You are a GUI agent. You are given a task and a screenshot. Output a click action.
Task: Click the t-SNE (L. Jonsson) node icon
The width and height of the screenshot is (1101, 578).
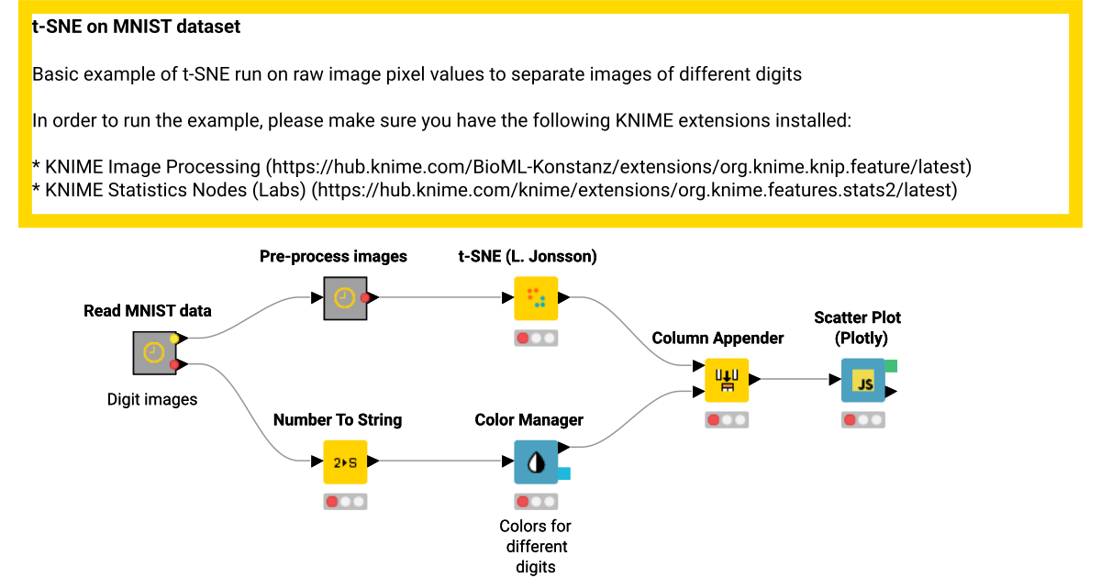pos(536,298)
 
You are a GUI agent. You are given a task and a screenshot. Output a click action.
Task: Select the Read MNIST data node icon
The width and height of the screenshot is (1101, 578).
pos(154,352)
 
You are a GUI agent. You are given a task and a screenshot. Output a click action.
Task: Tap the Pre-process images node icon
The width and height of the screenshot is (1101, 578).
pos(345,298)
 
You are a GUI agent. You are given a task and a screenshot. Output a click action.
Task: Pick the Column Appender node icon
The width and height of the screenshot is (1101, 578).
pos(727,380)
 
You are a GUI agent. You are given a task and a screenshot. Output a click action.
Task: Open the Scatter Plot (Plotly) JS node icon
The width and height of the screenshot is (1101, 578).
pos(863,380)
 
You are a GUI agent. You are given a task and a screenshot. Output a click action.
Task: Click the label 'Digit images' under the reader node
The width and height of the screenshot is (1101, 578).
pos(152,399)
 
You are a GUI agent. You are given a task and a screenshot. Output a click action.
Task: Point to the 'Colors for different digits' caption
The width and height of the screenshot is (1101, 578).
pos(536,546)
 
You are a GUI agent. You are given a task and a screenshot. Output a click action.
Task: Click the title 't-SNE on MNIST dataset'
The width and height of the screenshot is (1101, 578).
pos(136,27)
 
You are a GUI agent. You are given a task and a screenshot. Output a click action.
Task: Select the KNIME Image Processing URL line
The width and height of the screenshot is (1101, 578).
pos(501,167)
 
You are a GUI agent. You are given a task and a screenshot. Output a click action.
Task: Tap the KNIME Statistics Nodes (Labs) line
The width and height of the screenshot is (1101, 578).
pos(495,190)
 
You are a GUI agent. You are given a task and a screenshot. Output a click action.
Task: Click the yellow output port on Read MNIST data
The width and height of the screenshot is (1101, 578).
pos(174,339)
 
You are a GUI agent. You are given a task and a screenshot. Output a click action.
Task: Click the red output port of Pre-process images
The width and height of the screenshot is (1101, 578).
pos(365,297)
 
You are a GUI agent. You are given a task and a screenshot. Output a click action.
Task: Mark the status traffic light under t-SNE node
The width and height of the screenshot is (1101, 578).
pos(536,338)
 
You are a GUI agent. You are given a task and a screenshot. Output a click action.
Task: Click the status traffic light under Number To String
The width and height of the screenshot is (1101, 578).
pos(345,501)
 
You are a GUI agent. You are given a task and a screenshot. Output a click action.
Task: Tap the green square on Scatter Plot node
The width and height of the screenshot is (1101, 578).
pos(890,366)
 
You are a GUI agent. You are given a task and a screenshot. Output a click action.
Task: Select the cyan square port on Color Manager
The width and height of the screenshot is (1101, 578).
pos(564,473)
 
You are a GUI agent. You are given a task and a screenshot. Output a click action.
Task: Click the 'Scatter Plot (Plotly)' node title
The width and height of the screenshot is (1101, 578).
pos(857,328)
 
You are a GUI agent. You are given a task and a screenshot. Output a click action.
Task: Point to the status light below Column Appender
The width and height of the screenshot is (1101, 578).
pos(727,419)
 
